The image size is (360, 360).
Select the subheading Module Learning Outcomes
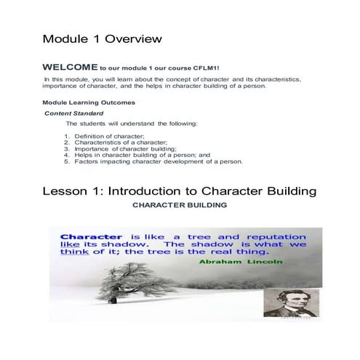(x=89, y=102)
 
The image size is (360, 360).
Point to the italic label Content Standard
(x=74, y=113)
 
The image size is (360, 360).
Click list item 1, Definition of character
(x=109, y=137)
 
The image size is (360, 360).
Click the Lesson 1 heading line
(x=178, y=191)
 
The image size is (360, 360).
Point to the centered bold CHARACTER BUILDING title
(x=179, y=205)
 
